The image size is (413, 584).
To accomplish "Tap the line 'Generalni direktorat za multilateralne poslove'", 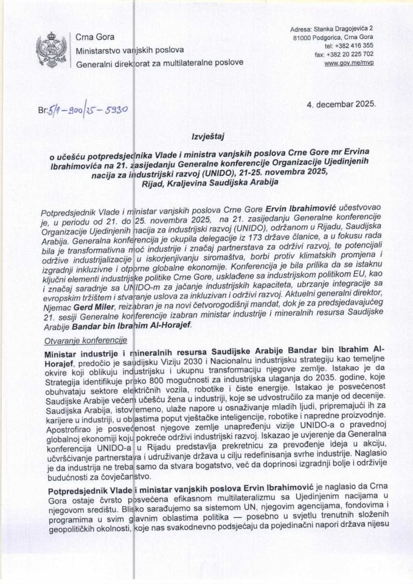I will pos(159,62).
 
